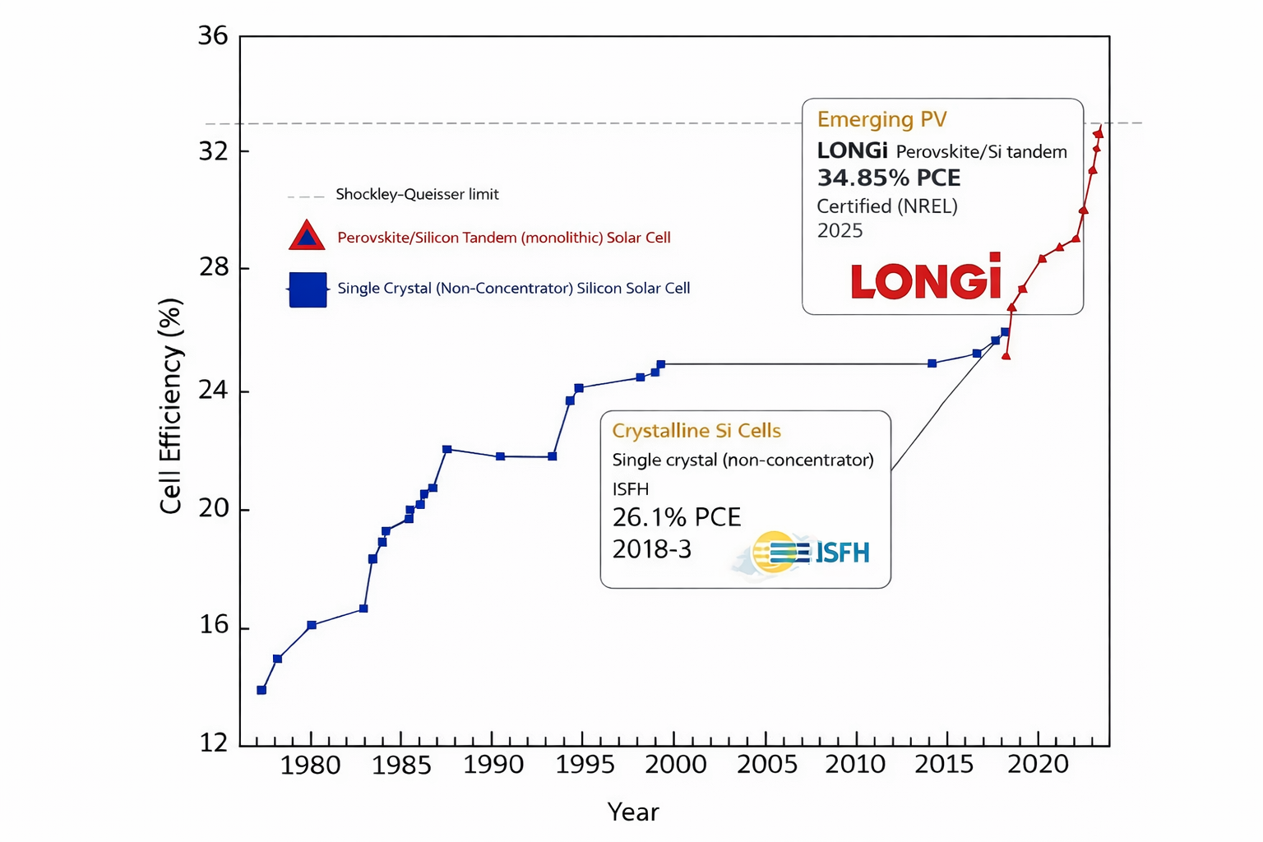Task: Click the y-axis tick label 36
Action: tap(212, 36)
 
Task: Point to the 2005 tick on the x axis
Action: tap(766, 764)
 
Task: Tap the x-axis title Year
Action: tap(632, 812)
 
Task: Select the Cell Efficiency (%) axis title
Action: tap(170, 406)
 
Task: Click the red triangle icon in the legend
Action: tap(307, 237)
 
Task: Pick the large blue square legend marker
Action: tap(308, 289)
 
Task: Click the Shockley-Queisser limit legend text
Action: tap(417, 195)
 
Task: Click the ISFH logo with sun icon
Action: tap(810, 552)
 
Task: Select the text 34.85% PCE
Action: tap(888, 178)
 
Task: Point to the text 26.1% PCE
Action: tap(676, 517)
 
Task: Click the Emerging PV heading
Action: tap(881, 120)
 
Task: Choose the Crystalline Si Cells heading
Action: tap(696, 431)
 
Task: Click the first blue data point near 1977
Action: tap(261, 690)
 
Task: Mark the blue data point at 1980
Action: tap(312, 625)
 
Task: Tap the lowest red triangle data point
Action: tap(1006, 356)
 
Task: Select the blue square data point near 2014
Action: tap(932, 363)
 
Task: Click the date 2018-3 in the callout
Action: tap(651, 549)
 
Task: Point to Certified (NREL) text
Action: tap(886, 206)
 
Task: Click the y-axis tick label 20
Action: tap(212, 509)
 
